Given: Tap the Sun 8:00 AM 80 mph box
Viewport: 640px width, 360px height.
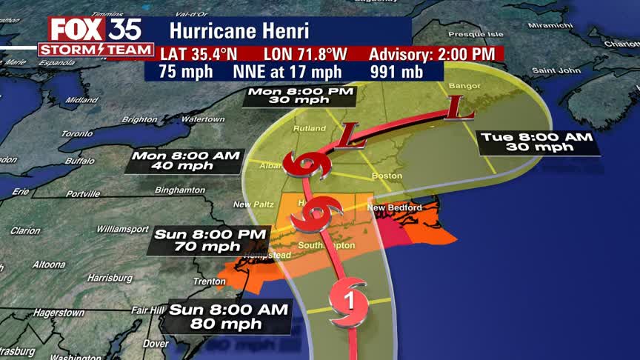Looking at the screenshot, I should (x=230, y=316).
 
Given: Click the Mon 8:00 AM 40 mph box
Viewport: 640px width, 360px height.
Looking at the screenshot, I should (x=186, y=161).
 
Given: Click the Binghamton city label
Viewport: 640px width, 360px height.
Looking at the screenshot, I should (x=180, y=190).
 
